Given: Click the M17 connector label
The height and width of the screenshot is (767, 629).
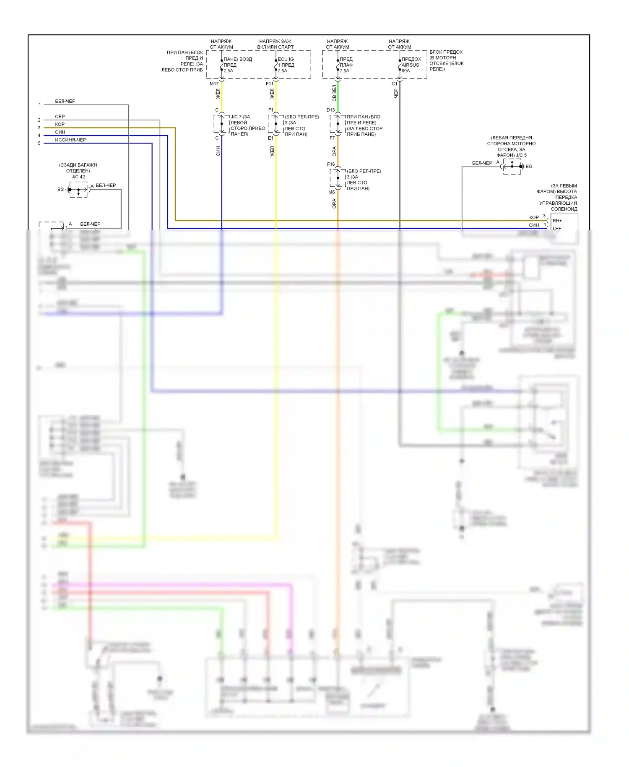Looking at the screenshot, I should pyautogui.click(x=214, y=84).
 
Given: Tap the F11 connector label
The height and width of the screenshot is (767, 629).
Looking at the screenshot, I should pyautogui.click(x=269, y=84).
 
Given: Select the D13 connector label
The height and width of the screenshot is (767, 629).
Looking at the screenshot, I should pyautogui.click(x=331, y=110).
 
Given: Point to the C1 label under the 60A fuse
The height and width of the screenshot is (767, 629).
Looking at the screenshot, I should pyautogui.click(x=394, y=84).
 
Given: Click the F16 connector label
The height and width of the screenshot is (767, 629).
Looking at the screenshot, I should pyautogui.click(x=331, y=164).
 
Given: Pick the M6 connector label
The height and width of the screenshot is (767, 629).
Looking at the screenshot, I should pyautogui.click(x=331, y=192).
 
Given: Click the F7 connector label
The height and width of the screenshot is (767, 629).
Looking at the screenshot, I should pyautogui.click(x=332, y=138).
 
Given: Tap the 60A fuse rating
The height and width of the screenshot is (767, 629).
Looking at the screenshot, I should pyautogui.click(x=405, y=71).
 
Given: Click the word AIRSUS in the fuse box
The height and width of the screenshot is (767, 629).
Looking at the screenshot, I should pyautogui.click(x=410, y=65).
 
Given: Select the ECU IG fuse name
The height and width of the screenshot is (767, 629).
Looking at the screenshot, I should pyautogui.click(x=286, y=59).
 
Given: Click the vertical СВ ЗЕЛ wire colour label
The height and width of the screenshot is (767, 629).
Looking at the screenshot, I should pyautogui.click(x=334, y=93).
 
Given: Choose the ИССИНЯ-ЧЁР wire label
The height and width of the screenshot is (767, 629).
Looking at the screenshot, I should pyautogui.click(x=70, y=140).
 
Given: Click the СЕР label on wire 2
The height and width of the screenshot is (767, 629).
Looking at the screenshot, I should pyautogui.click(x=60, y=117).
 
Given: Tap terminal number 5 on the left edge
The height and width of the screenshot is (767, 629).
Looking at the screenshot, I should pyautogui.click(x=39, y=143).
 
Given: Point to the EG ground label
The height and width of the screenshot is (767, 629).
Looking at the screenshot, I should pyautogui.click(x=529, y=167).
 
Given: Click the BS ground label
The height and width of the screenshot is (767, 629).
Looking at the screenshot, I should pyautogui.click(x=60, y=189).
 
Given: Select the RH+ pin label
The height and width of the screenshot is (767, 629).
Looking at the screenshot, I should pyautogui.click(x=557, y=221).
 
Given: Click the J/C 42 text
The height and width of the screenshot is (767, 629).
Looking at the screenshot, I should pyautogui.click(x=78, y=177).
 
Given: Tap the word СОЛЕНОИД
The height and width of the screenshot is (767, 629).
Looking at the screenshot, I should pyautogui.click(x=564, y=209).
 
